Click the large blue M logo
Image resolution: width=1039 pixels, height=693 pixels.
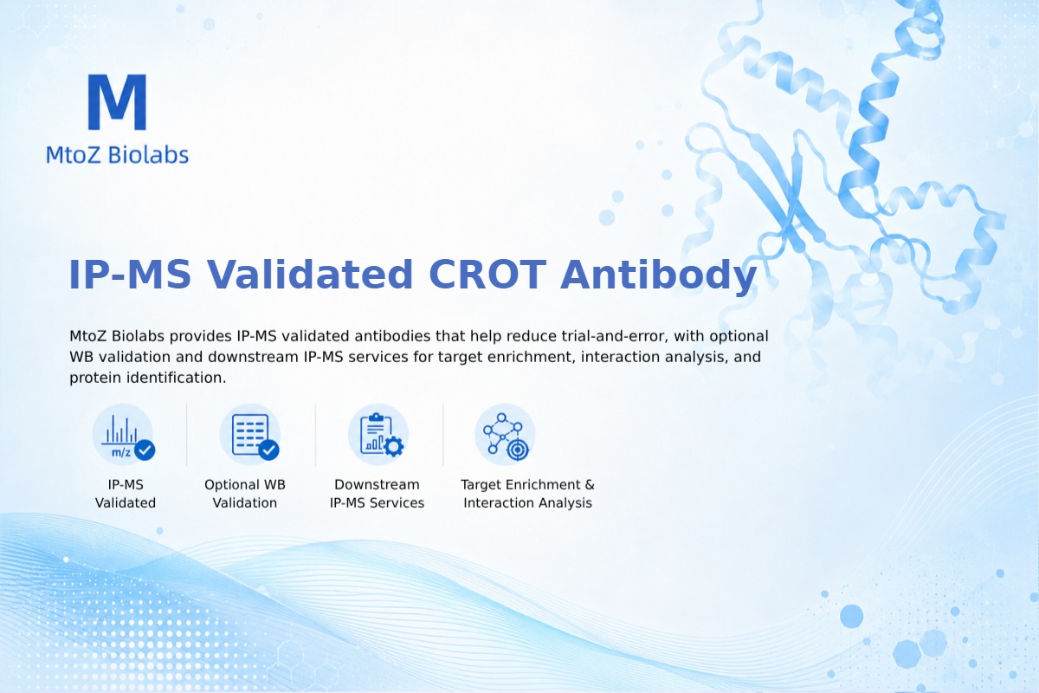pos(118,101)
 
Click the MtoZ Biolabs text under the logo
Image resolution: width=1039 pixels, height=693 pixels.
pos(118,154)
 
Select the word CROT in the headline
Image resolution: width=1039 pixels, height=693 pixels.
pos(487,275)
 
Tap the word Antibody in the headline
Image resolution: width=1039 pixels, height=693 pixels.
pos(659,275)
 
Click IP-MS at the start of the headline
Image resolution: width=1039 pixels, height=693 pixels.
pos(130,275)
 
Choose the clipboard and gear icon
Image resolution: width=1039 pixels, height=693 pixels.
pos(378,435)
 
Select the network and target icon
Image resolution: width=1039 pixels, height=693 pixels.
pos(506,435)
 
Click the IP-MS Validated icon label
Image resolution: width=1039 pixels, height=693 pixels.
pos(126,494)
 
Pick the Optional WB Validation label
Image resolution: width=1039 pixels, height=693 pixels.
pos(245,494)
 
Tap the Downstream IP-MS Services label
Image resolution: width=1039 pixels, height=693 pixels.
pos(378,494)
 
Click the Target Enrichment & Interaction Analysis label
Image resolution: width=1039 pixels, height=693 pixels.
pos(528,494)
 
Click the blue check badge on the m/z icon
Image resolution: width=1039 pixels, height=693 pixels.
pos(145,450)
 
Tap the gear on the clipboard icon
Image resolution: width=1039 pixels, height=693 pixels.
pos(394,446)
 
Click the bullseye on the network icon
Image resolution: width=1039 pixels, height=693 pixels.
pos(518,450)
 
